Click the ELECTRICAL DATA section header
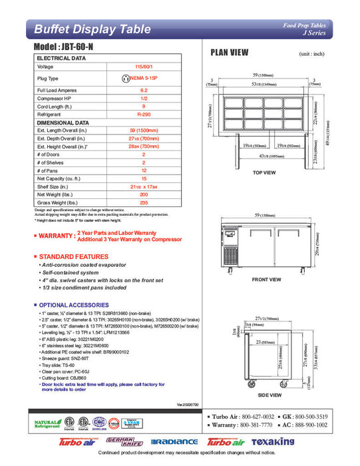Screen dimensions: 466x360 [x=61, y=58]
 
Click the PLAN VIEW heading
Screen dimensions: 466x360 [x=230, y=52]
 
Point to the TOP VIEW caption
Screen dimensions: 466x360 [x=265, y=173]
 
